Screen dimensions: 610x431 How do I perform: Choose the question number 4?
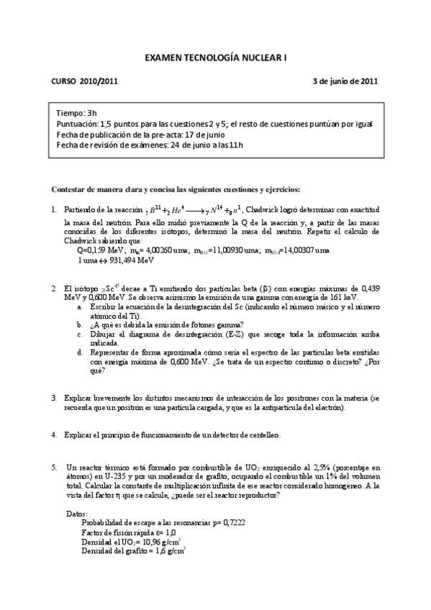54,435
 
